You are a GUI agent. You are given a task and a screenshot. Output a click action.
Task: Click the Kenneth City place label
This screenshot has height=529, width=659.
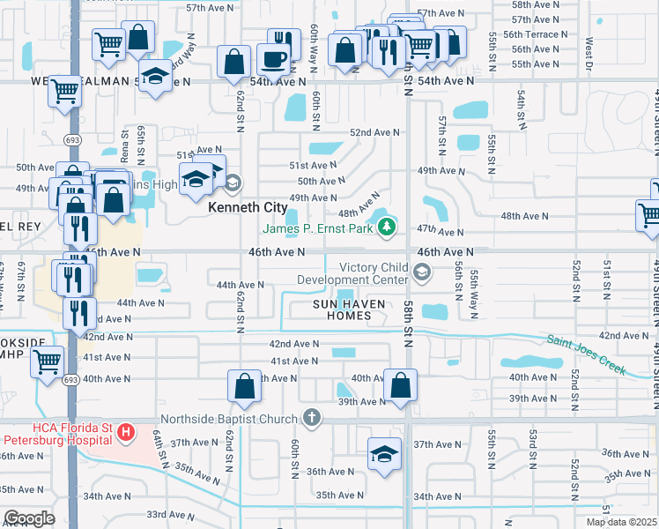(x=248, y=208)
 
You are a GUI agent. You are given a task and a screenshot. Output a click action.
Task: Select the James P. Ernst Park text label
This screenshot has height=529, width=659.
(x=319, y=229)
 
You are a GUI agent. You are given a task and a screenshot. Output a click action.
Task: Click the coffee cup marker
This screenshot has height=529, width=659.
(x=273, y=60)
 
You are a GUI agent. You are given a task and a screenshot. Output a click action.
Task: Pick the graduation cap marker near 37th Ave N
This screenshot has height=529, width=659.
(x=384, y=454)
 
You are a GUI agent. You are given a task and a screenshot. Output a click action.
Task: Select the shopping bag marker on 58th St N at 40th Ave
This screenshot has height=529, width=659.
(x=400, y=386)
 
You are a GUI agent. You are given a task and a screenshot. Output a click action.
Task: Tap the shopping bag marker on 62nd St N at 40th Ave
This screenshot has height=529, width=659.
(x=244, y=386)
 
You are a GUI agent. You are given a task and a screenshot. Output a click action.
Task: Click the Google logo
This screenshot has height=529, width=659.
(x=29, y=518)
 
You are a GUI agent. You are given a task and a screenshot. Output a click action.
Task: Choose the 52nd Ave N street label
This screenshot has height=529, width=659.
(x=374, y=132)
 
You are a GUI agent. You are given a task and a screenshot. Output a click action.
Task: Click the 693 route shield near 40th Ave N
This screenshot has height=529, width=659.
(x=70, y=379)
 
